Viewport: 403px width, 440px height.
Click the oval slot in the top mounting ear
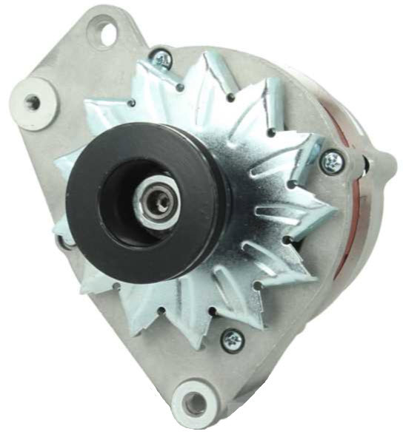pyautogui.click(x=102, y=32)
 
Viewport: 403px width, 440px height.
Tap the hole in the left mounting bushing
pyautogui.click(x=33, y=102)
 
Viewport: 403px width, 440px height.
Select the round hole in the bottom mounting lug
pyautogui.click(x=194, y=403)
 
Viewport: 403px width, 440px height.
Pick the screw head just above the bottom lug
pyautogui.click(x=233, y=339)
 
